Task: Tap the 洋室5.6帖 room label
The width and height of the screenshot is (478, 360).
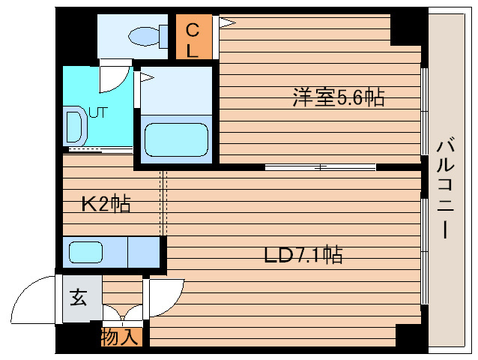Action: (x=339, y=97)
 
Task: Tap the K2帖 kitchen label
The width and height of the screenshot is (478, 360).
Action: (x=106, y=202)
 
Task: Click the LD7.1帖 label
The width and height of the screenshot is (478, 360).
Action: (x=303, y=255)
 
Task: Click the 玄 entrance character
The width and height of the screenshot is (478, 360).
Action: (x=79, y=298)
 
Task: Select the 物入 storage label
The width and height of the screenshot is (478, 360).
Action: (x=120, y=337)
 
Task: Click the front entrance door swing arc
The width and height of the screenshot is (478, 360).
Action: (x=34, y=300)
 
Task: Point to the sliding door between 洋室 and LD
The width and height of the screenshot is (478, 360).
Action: (x=320, y=166)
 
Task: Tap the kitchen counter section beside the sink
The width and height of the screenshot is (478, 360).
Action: (x=144, y=252)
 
